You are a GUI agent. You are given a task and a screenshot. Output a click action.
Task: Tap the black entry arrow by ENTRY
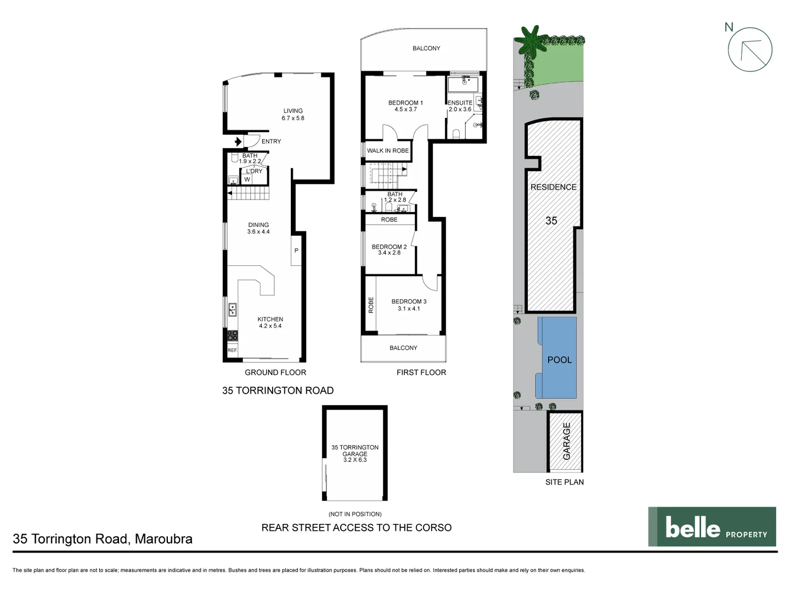tap(238, 142)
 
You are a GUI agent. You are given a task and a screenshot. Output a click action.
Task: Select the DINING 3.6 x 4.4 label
tap(258, 228)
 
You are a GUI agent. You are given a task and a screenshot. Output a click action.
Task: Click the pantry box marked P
tap(296, 250)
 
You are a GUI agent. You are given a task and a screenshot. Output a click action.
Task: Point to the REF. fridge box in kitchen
tap(233, 350)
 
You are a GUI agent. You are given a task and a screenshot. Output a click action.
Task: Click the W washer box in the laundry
tap(247, 180)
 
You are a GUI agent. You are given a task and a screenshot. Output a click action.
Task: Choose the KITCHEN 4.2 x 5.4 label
tap(270, 322)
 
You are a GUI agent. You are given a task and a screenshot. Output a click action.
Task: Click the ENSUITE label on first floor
tap(460, 103)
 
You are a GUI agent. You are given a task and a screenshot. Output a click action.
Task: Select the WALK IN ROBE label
tap(388, 151)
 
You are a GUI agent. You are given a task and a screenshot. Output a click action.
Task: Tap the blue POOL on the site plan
tap(558, 359)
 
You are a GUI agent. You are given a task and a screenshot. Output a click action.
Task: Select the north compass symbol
tap(749, 49)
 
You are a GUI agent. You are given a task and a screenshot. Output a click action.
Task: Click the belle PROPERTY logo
tap(712, 527)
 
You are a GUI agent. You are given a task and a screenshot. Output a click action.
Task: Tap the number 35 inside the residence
tap(551, 220)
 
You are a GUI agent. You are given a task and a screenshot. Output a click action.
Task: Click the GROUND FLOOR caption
tap(275, 372)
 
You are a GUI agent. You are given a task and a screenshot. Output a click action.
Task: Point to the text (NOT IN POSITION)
tap(355, 514)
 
